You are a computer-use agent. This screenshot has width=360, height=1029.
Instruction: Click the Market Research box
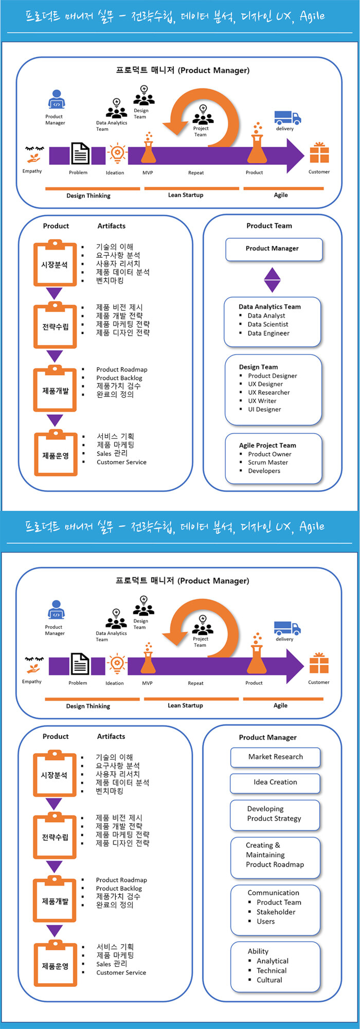pos(276,757)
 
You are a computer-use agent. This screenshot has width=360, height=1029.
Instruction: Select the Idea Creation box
pos(276,783)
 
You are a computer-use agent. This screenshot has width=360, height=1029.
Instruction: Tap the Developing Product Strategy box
pos(276,814)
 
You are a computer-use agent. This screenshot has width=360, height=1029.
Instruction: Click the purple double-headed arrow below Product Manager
pos(272,280)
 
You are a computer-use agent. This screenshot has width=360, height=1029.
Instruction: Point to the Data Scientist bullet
pos(268,324)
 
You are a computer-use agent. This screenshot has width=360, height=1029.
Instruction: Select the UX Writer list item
pos(262,401)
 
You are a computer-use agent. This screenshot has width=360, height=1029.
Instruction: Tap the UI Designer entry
pos(264,410)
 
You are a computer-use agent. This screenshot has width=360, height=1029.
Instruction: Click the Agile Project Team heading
pos(267,445)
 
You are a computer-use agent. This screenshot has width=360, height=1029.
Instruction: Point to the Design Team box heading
pos(258,367)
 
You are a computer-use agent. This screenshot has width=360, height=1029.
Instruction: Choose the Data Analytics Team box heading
pos(269,307)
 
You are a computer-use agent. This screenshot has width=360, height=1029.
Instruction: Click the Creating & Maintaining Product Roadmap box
pos(276,856)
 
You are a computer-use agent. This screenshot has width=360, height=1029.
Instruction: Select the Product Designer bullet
pos(273,376)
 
